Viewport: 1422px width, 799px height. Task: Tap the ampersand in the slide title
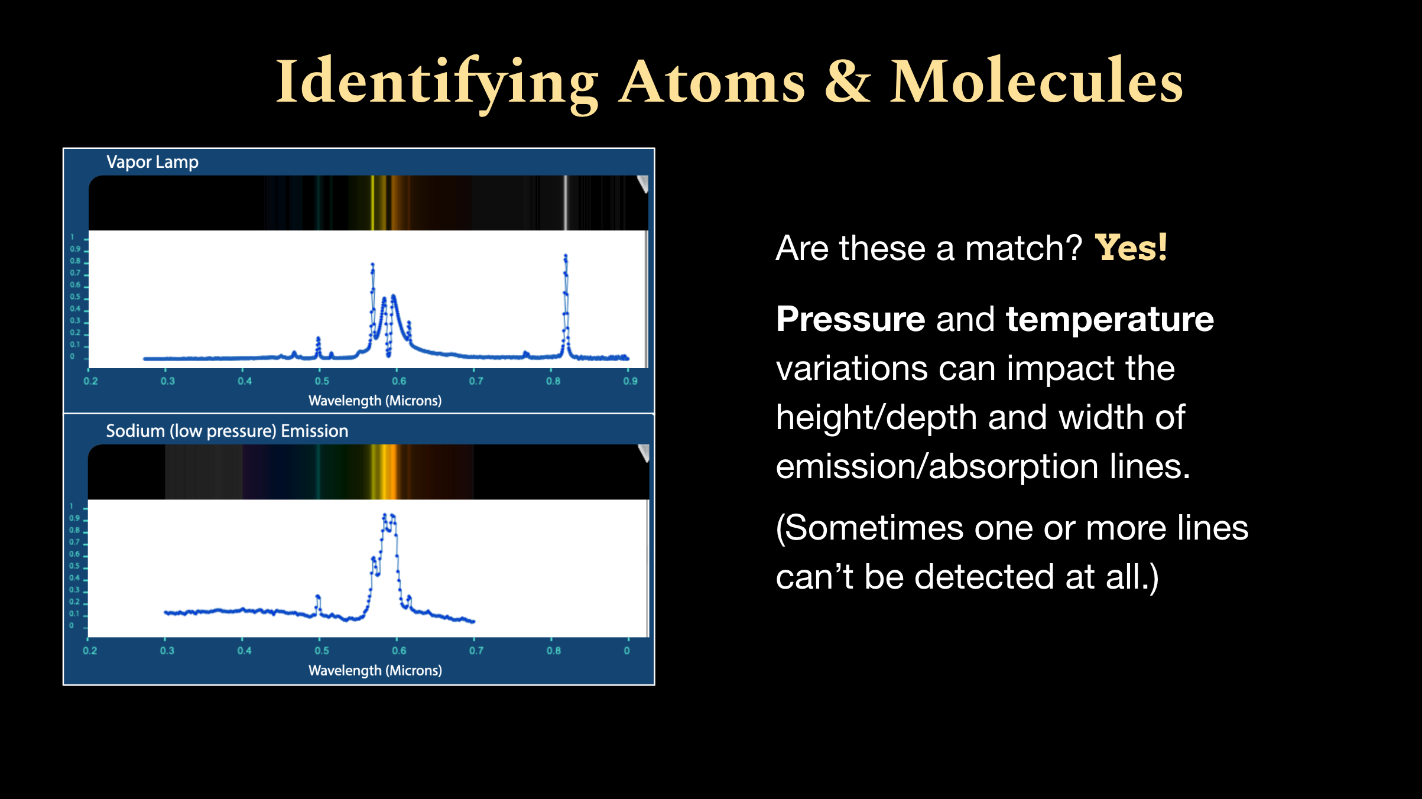[x=848, y=82]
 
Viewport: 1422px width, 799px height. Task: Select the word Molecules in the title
[x=1037, y=80]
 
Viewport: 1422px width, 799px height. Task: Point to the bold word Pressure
[x=850, y=319]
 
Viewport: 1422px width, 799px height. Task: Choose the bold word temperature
[x=1110, y=320]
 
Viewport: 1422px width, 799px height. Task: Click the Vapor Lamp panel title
[x=152, y=162]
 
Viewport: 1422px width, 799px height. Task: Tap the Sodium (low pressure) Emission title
[x=227, y=431]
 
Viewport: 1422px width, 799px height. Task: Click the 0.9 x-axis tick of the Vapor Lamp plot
[x=630, y=381]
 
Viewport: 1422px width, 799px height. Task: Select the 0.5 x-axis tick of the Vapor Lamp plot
[x=322, y=381]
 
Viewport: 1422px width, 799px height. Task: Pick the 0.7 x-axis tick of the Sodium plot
[x=476, y=650]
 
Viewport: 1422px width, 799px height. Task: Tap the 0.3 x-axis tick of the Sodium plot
[x=167, y=650]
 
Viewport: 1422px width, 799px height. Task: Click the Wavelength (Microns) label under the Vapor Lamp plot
[x=375, y=401]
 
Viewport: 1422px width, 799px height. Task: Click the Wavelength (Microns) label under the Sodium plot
[x=375, y=670]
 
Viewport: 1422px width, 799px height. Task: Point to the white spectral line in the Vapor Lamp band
[x=566, y=203]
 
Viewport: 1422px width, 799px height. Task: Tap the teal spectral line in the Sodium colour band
[x=319, y=472]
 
